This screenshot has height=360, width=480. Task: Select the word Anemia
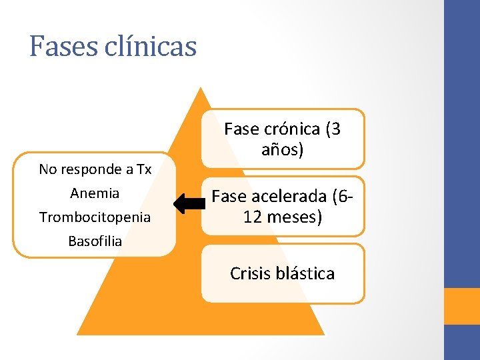tap(95, 193)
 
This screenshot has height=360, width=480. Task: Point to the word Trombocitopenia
tap(95, 217)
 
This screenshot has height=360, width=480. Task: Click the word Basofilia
tap(95, 241)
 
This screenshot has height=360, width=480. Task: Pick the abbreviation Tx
tap(143, 169)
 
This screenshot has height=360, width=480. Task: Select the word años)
tap(282, 150)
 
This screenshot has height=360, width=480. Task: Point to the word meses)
tap(293, 217)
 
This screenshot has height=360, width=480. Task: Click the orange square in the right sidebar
tap(462, 306)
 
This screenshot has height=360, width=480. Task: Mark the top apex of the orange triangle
tap(199, 88)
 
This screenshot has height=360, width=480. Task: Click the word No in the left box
tap(47, 169)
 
